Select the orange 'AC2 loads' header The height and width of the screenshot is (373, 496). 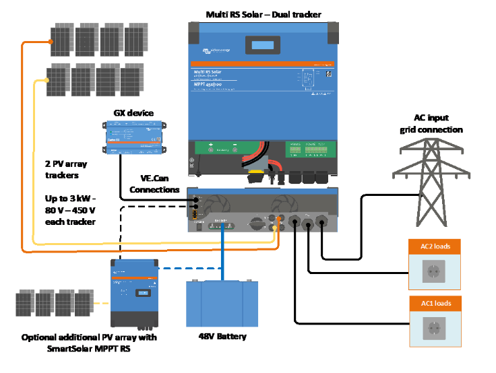435,246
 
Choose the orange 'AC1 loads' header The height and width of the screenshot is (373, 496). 435,304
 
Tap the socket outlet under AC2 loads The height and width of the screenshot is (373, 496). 435,272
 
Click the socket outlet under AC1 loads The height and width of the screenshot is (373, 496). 435,329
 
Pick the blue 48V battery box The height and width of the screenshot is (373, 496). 222,304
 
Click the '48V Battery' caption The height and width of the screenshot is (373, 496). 222,336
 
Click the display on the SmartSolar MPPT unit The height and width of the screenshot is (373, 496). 142,293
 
